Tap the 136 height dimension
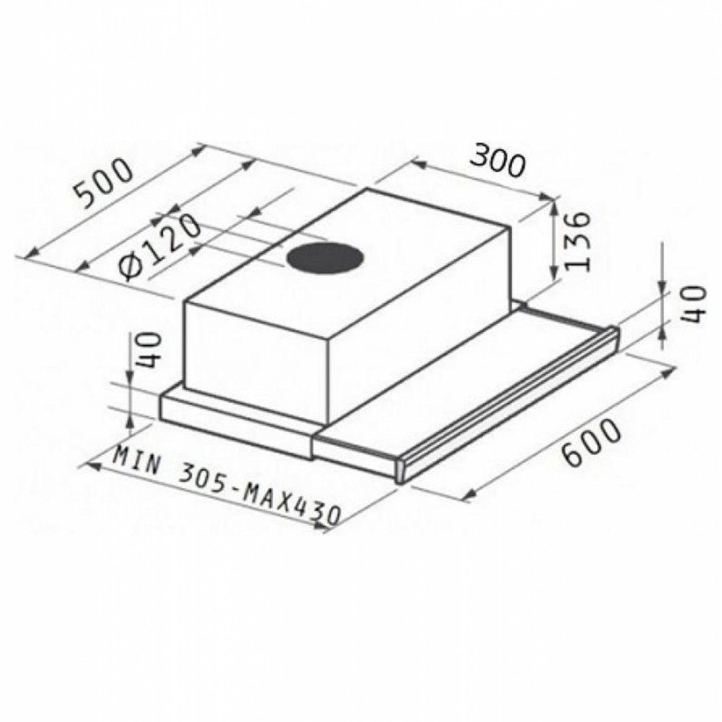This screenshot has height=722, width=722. pyautogui.click(x=578, y=242)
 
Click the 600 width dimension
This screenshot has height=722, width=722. pyautogui.click(x=590, y=443)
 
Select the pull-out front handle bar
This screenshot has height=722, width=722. pyautogui.click(x=506, y=404)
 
